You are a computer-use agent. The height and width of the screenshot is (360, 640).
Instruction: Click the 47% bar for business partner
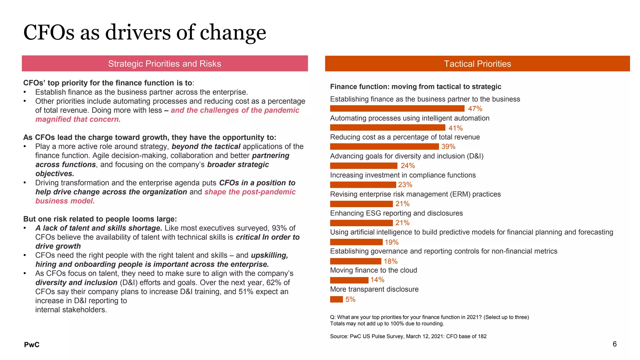click(397, 108)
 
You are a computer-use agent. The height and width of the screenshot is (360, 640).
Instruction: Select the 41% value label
click(455, 128)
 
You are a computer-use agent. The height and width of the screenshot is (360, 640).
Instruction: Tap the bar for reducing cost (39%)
click(384, 147)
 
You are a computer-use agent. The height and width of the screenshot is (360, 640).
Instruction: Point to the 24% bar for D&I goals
click(363, 166)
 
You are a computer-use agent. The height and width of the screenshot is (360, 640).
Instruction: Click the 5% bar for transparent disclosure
click(336, 299)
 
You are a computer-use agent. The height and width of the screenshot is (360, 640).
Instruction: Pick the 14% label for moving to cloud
click(377, 280)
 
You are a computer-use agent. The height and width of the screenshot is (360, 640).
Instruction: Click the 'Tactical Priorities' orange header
click(477, 64)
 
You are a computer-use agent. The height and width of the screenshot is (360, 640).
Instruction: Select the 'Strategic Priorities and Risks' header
click(165, 64)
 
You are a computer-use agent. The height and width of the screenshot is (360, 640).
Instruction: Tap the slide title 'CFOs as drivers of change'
click(145, 32)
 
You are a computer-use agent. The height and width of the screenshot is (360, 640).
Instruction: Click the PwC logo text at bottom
click(32, 345)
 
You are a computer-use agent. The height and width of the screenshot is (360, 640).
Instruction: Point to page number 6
click(614, 344)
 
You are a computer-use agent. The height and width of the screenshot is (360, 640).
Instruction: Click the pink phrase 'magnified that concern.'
click(78, 119)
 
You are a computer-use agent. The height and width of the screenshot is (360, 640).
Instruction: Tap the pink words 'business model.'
click(65, 201)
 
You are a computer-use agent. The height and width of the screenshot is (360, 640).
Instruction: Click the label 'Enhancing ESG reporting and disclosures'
click(396, 213)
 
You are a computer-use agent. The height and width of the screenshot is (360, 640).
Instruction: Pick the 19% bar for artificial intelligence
click(356, 242)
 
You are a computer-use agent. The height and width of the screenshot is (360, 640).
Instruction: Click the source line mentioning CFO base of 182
click(408, 336)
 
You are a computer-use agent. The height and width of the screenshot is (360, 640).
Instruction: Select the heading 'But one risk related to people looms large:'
click(100, 219)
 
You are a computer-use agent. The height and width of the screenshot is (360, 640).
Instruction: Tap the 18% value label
click(390, 261)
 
